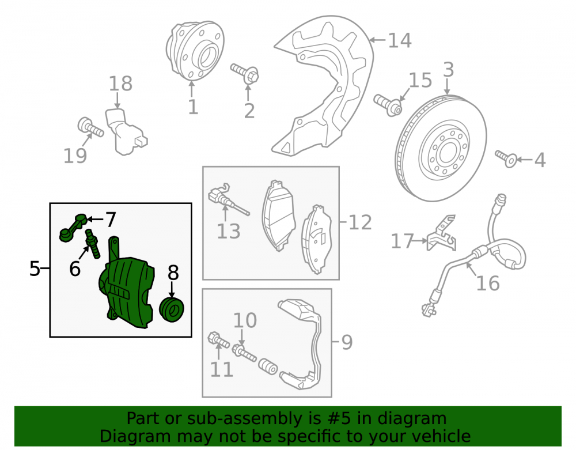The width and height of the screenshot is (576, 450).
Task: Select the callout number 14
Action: click(400, 40)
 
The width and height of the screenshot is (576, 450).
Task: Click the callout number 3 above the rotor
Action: click(448, 69)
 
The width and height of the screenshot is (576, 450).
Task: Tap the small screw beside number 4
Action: click(506, 158)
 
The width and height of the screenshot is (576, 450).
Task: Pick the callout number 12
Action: click(360, 222)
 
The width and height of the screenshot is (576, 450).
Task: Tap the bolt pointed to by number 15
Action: click(388, 105)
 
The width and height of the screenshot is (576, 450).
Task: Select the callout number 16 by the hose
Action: click(488, 283)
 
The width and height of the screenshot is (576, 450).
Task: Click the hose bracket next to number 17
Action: click(442, 234)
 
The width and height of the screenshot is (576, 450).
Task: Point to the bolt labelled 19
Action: click(90, 127)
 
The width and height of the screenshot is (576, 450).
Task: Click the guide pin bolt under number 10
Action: click(244, 352)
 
